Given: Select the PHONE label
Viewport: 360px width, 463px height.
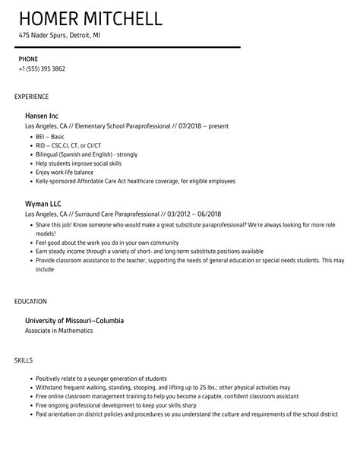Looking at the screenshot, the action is pyautogui.click(x=28, y=58).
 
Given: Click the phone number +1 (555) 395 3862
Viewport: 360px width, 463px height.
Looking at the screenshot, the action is pyautogui.click(x=42, y=68).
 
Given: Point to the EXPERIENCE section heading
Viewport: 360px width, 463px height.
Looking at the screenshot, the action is pyautogui.click(x=31, y=97).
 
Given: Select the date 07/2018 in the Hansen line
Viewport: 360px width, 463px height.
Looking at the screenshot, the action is pyautogui.click(x=186, y=126).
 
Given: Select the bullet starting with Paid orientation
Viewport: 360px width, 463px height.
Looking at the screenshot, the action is pyautogui.click(x=187, y=415).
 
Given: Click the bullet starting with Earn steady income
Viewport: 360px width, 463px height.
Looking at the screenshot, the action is pyautogui.click(x=149, y=252).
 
